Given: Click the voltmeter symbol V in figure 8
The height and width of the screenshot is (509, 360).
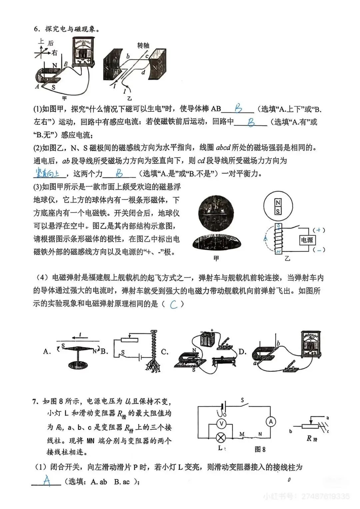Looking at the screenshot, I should pyautogui.click(x=221, y=423).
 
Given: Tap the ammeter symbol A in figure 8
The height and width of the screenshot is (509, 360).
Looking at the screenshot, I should pyautogui.click(x=271, y=422).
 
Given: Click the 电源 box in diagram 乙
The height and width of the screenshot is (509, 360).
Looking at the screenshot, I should pyautogui.click(x=307, y=240).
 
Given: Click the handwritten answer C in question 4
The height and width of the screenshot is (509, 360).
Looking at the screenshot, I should pyautogui.click(x=173, y=304).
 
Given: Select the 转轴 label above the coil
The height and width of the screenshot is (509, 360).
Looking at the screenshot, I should pyautogui.click(x=143, y=46).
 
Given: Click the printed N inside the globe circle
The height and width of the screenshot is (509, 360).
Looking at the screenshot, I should pyautogui.click(x=278, y=203).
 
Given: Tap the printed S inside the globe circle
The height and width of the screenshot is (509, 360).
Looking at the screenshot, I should pyautogui.click(x=278, y=211).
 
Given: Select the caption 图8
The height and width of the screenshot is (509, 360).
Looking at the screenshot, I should pyautogui.click(x=260, y=449).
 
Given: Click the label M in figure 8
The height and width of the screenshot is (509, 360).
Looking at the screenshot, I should pyautogui.click(x=242, y=434).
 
